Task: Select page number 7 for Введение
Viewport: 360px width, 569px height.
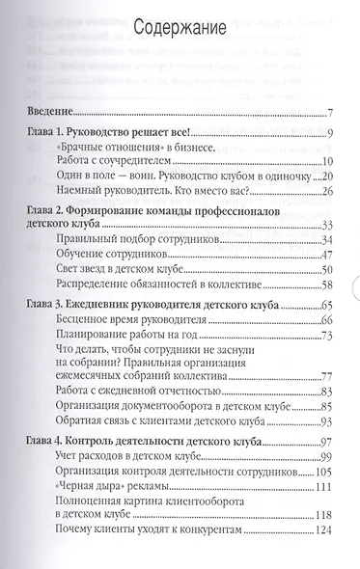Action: point(329,113)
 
